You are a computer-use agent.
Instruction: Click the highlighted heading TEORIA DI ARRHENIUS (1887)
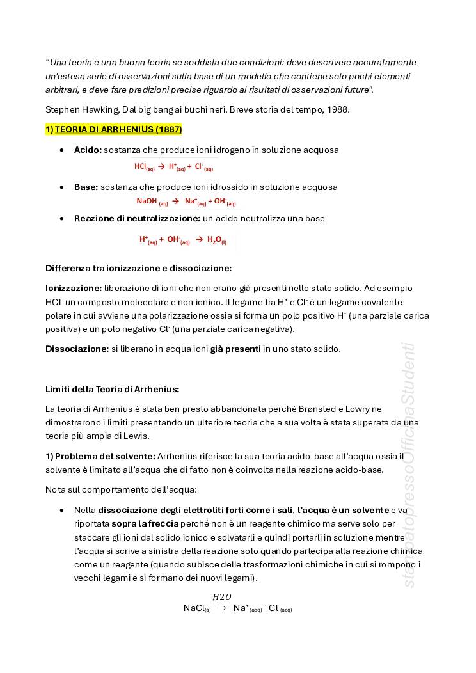114,130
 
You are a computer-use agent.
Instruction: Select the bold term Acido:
88,150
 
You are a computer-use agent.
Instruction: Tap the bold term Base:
86,187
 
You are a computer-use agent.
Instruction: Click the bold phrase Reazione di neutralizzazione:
137,219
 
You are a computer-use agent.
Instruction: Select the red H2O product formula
216,241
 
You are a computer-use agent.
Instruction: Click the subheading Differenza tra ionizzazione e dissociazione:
138,268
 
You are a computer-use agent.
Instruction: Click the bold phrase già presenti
235,349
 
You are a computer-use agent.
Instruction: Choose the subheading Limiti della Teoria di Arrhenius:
112,389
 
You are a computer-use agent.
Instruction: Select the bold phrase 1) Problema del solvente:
100,456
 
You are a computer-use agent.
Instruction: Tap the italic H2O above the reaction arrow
222,597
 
